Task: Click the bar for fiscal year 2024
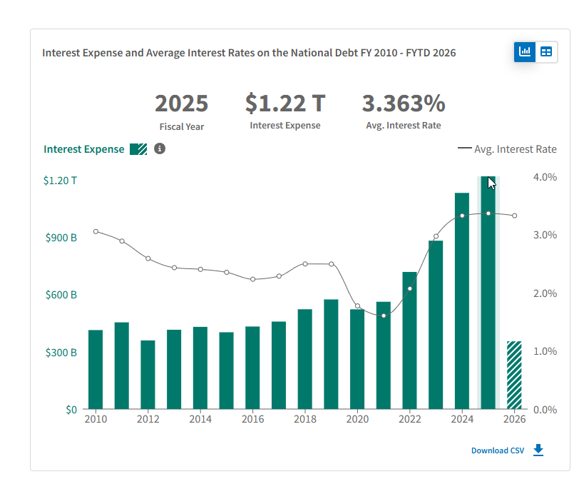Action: pyautogui.click(x=462, y=300)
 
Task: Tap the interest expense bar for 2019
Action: pyautogui.click(x=331, y=354)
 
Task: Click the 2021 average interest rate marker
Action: pyautogui.click(x=384, y=316)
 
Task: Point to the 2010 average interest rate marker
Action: pyautogui.click(x=96, y=231)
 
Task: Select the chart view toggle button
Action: pyautogui.click(x=526, y=51)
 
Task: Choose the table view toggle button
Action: pyautogui.click(x=546, y=51)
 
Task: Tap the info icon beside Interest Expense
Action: pyautogui.click(x=160, y=148)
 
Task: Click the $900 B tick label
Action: pyautogui.click(x=61, y=238)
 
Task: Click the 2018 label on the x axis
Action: pyautogui.click(x=305, y=420)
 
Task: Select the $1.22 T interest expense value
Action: pyautogui.click(x=285, y=104)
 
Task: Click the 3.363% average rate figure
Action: pyautogui.click(x=404, y=104)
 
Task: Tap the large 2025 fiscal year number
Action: pyautogui.click(x=182, y=104)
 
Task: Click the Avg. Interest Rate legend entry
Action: pyautogui.click(x=507, y=149)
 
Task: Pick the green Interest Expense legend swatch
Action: pyautogui.click(x=138, y=149)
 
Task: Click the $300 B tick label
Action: pyautogui.click(x=61, y=353)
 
